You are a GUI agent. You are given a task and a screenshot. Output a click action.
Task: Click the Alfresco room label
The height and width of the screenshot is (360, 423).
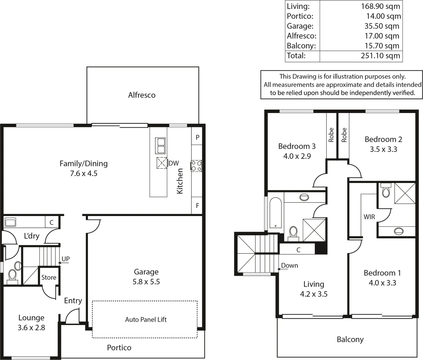tap(142, 95)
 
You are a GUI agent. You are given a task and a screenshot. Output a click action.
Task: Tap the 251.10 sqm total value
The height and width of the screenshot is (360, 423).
tap(380, 56)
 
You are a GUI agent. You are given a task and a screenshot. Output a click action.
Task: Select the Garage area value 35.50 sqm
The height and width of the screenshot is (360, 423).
tap(381, 26)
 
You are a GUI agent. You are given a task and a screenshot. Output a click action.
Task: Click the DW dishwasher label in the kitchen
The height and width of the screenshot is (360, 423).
tap(174, 163)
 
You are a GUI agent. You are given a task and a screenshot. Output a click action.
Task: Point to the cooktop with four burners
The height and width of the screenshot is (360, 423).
tap(196, 166)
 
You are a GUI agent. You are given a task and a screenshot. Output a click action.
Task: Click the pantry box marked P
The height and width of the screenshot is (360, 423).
tap(197, 137)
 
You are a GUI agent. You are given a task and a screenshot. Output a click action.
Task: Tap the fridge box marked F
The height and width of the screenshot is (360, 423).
tap(197, 206)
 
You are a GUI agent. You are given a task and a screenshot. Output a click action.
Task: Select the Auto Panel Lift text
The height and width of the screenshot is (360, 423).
tap(146, 320)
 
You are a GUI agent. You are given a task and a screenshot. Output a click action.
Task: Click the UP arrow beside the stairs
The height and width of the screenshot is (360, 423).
tap(63, 262)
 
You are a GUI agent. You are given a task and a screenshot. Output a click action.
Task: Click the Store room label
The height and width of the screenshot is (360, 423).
tap(49, 277)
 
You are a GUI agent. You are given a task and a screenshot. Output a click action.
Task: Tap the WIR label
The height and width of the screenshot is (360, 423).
tap(369, 217)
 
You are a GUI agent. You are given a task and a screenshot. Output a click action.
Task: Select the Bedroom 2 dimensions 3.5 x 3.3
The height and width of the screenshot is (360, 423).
tap(383, 149)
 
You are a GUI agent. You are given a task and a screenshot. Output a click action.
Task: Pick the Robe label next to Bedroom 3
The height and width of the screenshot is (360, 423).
tap(331, 135)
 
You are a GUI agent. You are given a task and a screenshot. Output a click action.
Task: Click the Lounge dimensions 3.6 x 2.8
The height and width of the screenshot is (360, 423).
tap(31, 328)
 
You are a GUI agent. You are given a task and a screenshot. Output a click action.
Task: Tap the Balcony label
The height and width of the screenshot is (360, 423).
tap(350, 340)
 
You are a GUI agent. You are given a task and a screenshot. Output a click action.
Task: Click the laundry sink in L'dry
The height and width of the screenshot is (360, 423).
tap(10, 222)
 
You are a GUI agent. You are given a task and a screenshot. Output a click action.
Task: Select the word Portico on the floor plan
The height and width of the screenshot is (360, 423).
tap(119, 348)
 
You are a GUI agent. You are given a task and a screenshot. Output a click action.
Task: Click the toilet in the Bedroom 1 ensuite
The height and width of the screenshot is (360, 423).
tap(386, 192)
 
